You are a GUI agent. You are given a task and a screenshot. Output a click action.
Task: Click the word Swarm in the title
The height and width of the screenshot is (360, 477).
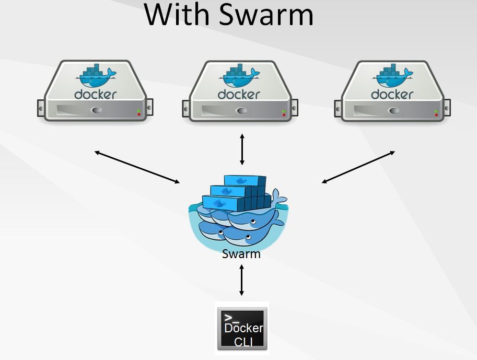pos(265,15)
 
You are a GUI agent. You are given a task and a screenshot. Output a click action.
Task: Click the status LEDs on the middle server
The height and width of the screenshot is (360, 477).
pos(284,112)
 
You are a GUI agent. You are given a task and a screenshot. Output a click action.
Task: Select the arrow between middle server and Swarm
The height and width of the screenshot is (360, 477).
pos(241,149)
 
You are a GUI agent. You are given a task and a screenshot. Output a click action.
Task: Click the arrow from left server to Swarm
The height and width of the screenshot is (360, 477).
pos(137,167)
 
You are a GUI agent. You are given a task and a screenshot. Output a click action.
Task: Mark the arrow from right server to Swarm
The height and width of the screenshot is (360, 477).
pos(358,167)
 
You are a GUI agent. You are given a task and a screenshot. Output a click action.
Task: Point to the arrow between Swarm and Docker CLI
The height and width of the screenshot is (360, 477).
pos(241,280)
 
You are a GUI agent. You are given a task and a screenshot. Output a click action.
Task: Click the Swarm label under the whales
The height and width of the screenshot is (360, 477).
pos(241,254)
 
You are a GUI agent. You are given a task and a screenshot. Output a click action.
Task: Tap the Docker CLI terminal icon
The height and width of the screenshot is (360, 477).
pos(242,329)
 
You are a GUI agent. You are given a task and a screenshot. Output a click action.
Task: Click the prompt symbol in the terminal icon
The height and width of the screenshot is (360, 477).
pos(229,318)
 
